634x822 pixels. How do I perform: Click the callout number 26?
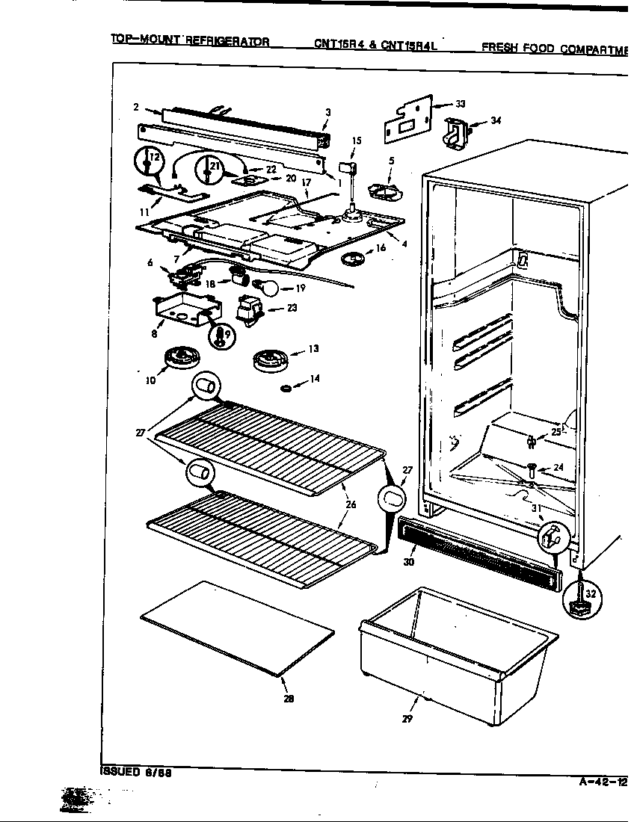[x=351, y=504]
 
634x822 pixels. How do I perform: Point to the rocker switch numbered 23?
[x=247, y=309]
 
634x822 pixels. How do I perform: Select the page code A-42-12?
[x=603, y=782]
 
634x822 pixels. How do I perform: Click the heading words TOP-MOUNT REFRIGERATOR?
[x=191, y=40]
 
